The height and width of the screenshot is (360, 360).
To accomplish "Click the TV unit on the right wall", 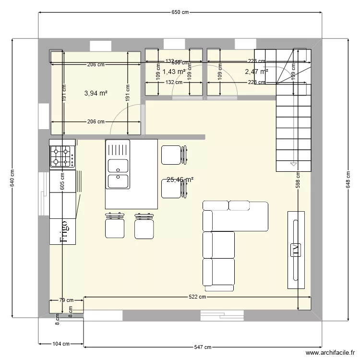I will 295,250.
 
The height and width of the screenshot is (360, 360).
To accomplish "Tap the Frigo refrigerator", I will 63,231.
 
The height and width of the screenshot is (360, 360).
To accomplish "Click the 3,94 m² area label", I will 96,93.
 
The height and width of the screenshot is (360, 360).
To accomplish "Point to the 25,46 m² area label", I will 180,180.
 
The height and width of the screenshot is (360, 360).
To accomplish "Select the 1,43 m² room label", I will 174,72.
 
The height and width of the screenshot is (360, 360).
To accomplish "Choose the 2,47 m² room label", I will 256,72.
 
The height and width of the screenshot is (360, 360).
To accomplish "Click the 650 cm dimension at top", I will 180,13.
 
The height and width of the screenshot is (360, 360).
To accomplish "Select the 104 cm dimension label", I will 61,344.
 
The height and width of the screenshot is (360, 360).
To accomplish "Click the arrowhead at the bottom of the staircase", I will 293,164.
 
